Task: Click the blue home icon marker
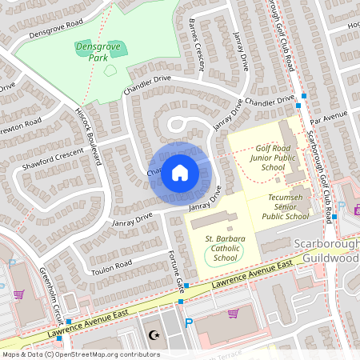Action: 180,172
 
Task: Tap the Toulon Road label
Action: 111,266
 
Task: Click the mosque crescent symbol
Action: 154,334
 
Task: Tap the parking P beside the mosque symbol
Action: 189,323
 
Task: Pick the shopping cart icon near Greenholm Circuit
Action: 18,294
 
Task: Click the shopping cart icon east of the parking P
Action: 234,313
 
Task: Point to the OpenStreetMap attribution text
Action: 81,354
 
